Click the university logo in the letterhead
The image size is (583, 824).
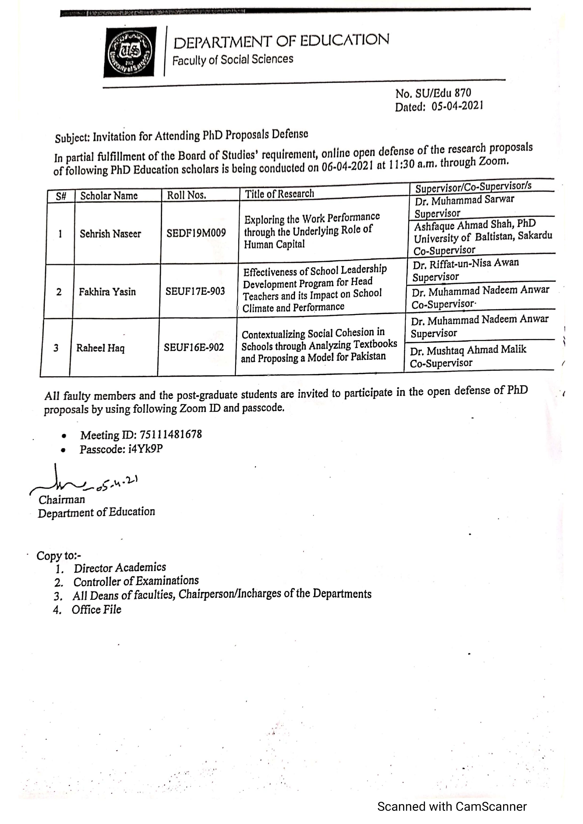tap(130, 52)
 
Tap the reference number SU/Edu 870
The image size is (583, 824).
tap(443, 93)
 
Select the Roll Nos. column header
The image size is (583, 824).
tap(186, 195)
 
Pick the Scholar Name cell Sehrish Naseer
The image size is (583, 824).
tap(110, 234)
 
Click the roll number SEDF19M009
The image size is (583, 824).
tap(196, 233)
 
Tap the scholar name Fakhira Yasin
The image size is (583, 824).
tap(107, 292)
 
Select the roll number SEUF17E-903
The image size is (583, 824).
tap(195, 291)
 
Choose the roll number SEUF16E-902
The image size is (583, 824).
tap(194, 347)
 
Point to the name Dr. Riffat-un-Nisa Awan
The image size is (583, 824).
tap(465, 264)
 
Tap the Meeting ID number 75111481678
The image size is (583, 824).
tap(171, 435)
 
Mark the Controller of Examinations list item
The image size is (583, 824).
tap(136, 581)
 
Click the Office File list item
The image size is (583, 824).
tap(96, 609)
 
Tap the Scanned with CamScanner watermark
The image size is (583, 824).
tap(452, 806)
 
